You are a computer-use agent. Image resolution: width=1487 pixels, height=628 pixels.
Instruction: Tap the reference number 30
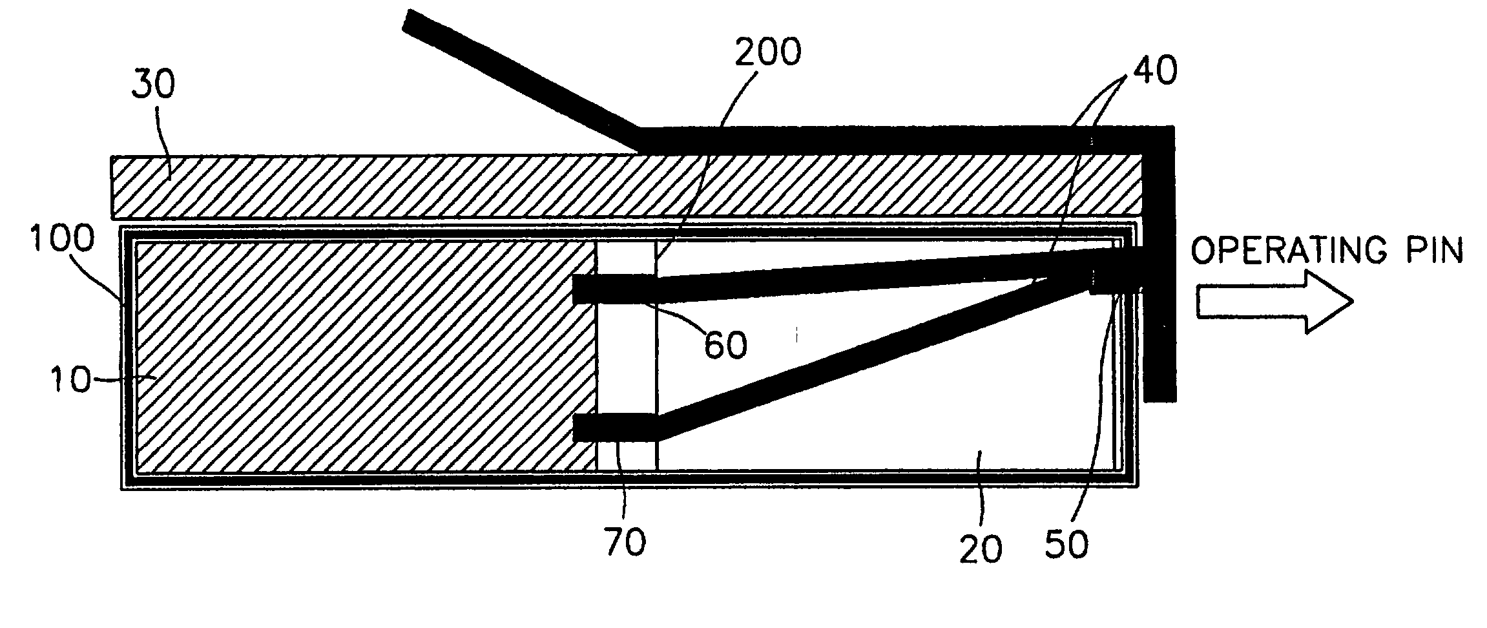tap(154, 85)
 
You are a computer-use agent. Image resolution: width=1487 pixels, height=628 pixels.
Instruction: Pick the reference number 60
tap(725, 344)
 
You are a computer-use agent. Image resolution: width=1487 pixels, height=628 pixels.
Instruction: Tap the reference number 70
tap(625, 541)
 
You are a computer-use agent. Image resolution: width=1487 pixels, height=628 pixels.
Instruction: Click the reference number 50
tap(1066, 543)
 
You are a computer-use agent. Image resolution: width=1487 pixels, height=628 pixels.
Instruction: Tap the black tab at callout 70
tap(614, 428)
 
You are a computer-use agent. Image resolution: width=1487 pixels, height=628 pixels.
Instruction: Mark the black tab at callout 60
tap(614, 289)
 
